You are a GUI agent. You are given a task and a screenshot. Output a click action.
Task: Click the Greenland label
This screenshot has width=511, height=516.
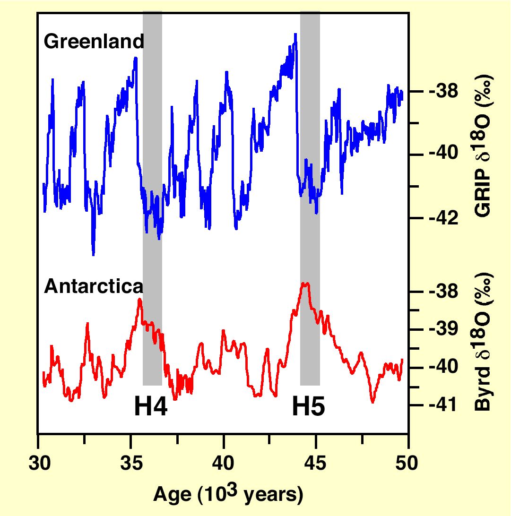click(94, 43)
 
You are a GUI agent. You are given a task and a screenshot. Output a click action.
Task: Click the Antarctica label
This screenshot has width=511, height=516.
click(94, 286)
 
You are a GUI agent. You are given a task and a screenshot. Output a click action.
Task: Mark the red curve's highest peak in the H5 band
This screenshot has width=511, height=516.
click(306, 284)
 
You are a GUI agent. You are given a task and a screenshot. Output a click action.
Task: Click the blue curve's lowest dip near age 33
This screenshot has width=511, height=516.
click(93, 255)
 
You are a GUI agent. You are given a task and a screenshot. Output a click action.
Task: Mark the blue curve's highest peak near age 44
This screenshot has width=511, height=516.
click(295, 34)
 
